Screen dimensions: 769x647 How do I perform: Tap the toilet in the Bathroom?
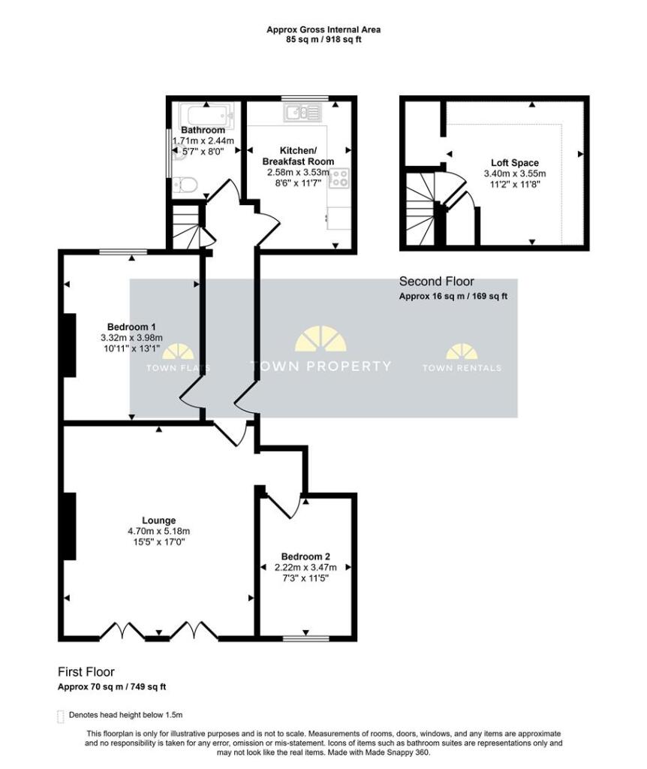(x=185, y=183)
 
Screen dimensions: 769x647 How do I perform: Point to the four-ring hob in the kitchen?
(x=340, y=178)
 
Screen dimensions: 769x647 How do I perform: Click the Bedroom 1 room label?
(x=131, y=327)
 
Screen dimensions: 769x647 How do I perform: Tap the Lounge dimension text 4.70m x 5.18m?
(x=158, y=532)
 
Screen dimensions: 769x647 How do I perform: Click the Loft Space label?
(x=514, y=162)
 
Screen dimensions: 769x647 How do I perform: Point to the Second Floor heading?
(x=436, y=282)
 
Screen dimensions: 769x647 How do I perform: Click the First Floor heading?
(x=86, y=672)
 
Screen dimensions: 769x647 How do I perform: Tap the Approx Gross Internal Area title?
(x=323, y=30)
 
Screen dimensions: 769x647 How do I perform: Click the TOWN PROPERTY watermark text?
(x=320, y=366)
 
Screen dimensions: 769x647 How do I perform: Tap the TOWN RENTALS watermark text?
(x=462, y=368)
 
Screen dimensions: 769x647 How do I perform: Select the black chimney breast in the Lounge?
(x=69, y=526)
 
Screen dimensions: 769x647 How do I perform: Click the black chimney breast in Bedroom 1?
(x=69, y=345)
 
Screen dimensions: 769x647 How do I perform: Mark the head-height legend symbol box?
(x=61, y=716)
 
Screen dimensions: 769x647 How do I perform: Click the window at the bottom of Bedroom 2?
(x=305, y=638)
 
